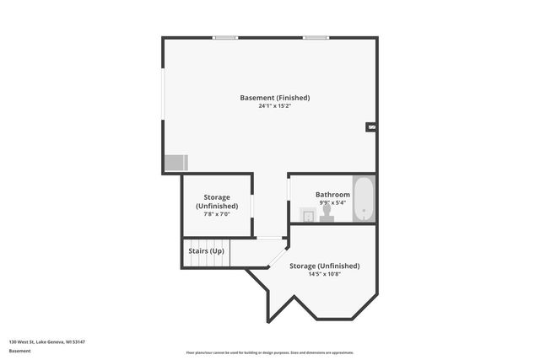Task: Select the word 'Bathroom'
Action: [x=332, y=194]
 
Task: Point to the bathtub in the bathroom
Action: [x=364, y=200]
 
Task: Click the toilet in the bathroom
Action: [x=327, y=217]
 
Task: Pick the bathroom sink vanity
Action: [x=309, y=217]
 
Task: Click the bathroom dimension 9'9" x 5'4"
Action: [x=332, y=202]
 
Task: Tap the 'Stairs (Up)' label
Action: [x=206, y=251]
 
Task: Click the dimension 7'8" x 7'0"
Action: [x=217, y=214]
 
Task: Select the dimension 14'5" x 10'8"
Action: [x=325, y=274]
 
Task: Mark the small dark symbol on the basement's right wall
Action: [x=371, y=127]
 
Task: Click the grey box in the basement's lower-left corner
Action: [x=176, y=162]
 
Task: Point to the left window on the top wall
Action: [x=224, y=37]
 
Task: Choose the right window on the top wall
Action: [x=316, y=37]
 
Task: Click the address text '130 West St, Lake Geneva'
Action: [x=47, y=341]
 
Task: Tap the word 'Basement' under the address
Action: [x=20, y=351]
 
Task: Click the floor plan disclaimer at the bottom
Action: [x=270, y=352]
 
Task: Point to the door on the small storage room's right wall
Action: [x=252, y=207]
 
